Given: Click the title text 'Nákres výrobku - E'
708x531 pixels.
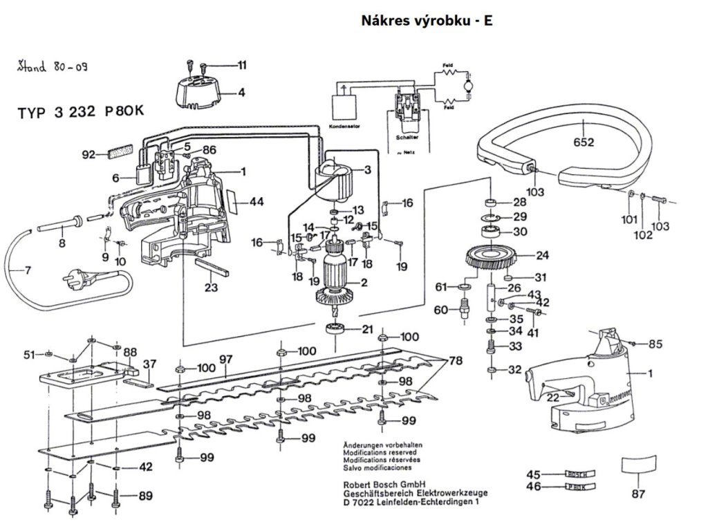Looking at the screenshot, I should [x=427, y=20].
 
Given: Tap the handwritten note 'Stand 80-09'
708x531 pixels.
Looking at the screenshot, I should [x=52, y=67].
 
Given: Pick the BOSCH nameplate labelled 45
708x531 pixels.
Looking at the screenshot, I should [x=575, y=474].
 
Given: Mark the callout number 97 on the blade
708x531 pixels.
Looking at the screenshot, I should [x=225, y=359].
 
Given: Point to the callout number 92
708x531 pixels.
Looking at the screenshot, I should [x=88, y=155].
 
